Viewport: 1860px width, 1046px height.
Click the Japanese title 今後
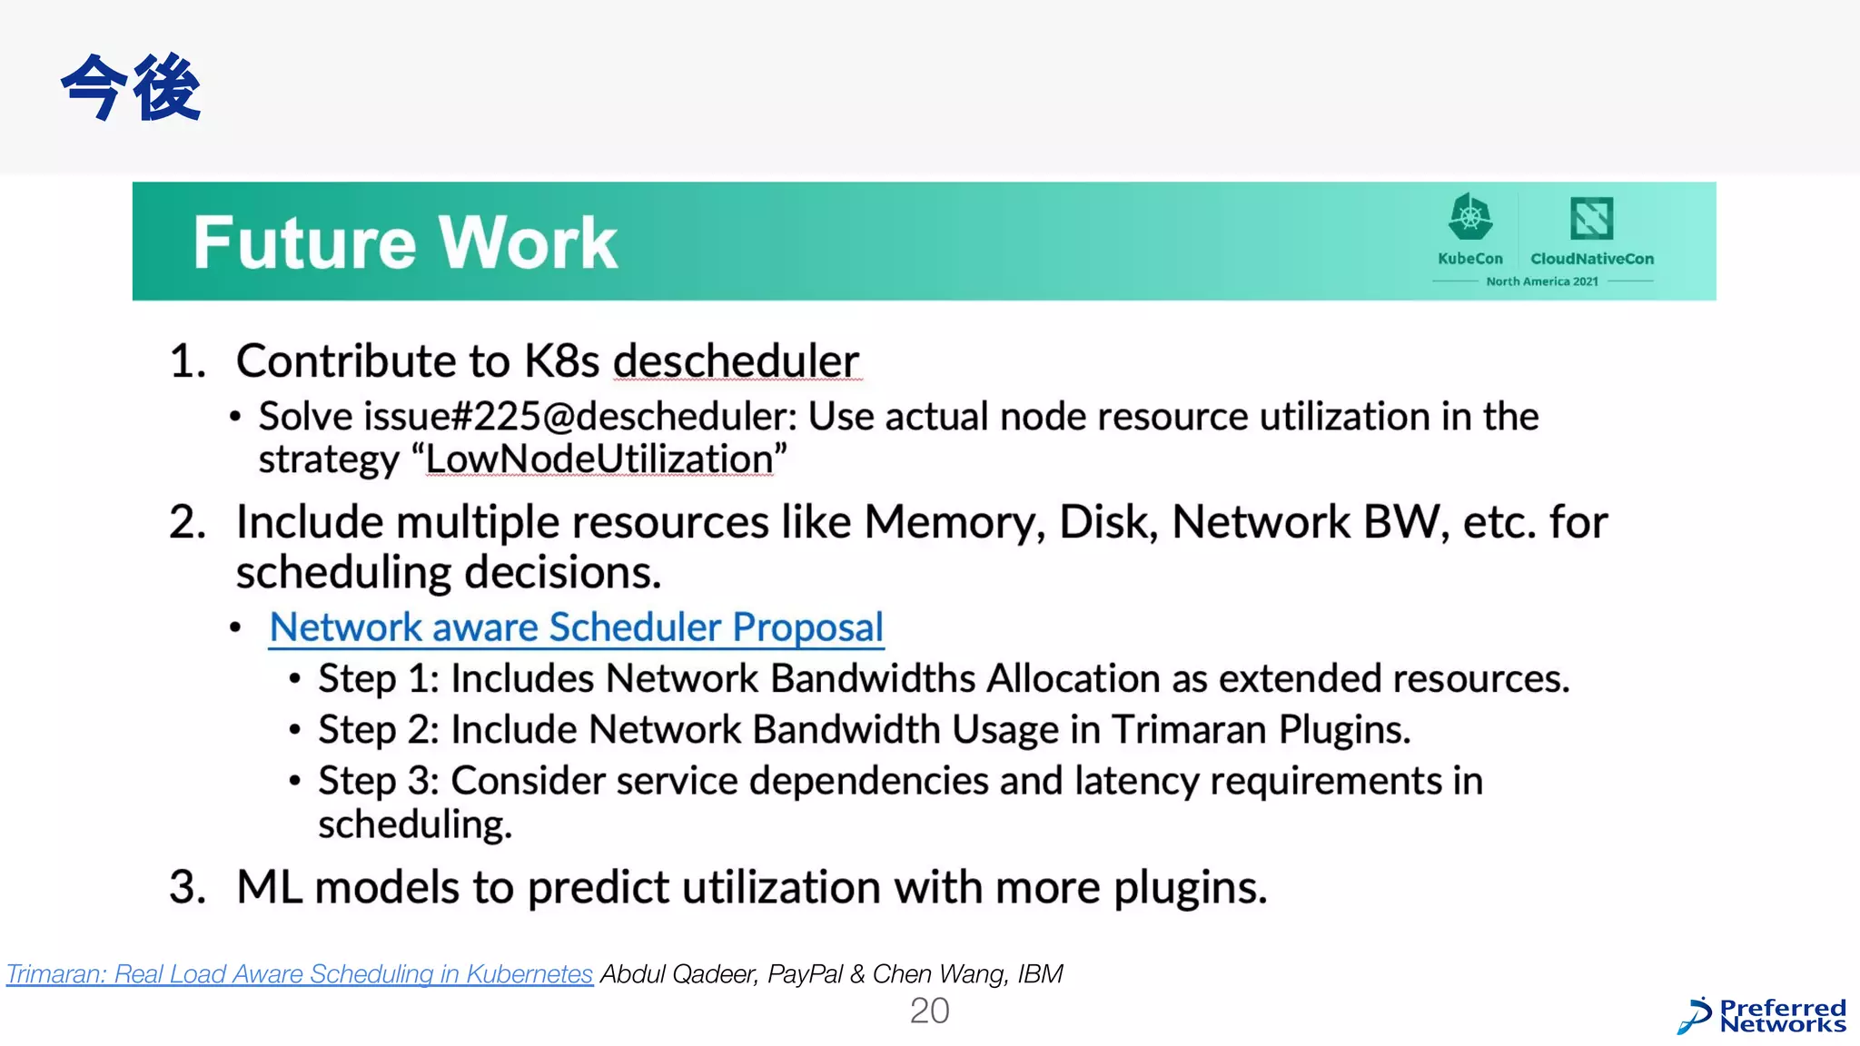(131, 87)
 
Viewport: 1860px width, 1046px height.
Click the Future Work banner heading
(405, 243)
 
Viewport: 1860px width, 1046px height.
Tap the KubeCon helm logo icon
(1469, 218)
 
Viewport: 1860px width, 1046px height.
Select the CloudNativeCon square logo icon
(1591, 218)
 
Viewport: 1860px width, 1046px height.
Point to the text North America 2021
(1542, 281)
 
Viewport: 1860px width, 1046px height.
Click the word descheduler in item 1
(736, 361)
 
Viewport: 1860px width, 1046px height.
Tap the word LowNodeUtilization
(599, 459)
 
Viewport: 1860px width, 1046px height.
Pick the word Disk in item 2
(1108, 523)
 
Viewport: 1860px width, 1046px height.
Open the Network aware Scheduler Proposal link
(577, 627)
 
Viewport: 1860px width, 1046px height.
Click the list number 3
(187, 887)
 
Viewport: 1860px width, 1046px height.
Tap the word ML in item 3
(269, 887)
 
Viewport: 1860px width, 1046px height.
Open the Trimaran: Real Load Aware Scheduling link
(300, 974)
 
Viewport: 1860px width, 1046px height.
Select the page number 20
(929, 1011)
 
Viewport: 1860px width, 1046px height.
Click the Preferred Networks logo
(1762, 1016)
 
